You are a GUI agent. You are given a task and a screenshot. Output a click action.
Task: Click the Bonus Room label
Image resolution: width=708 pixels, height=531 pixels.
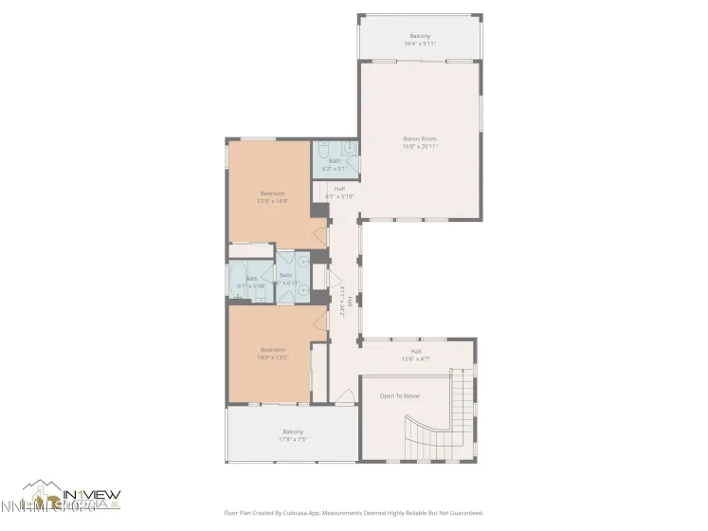[x=420, y=138]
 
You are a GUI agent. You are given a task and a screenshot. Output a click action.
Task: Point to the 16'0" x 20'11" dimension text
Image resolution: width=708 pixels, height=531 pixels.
[x=420, y=146]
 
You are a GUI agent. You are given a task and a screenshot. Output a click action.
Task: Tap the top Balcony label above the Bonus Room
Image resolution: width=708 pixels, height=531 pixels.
[x=420, y=36]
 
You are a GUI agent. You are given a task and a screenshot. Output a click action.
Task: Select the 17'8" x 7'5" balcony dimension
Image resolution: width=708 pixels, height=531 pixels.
[x=292, y=439]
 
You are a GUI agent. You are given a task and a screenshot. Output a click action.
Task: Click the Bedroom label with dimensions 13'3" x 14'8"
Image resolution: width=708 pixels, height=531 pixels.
[x=272, y=193]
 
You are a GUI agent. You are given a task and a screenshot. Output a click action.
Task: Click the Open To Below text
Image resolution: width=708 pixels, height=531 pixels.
[x=399, y=395]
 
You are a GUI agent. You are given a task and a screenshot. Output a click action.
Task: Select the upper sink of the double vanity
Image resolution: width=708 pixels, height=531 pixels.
[x=303, y=264]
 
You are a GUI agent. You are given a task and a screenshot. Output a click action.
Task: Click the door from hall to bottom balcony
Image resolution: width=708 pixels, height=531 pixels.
[x=344, y=406]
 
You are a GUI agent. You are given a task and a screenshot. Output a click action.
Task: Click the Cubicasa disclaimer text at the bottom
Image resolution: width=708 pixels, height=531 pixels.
[x=354, y=513]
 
